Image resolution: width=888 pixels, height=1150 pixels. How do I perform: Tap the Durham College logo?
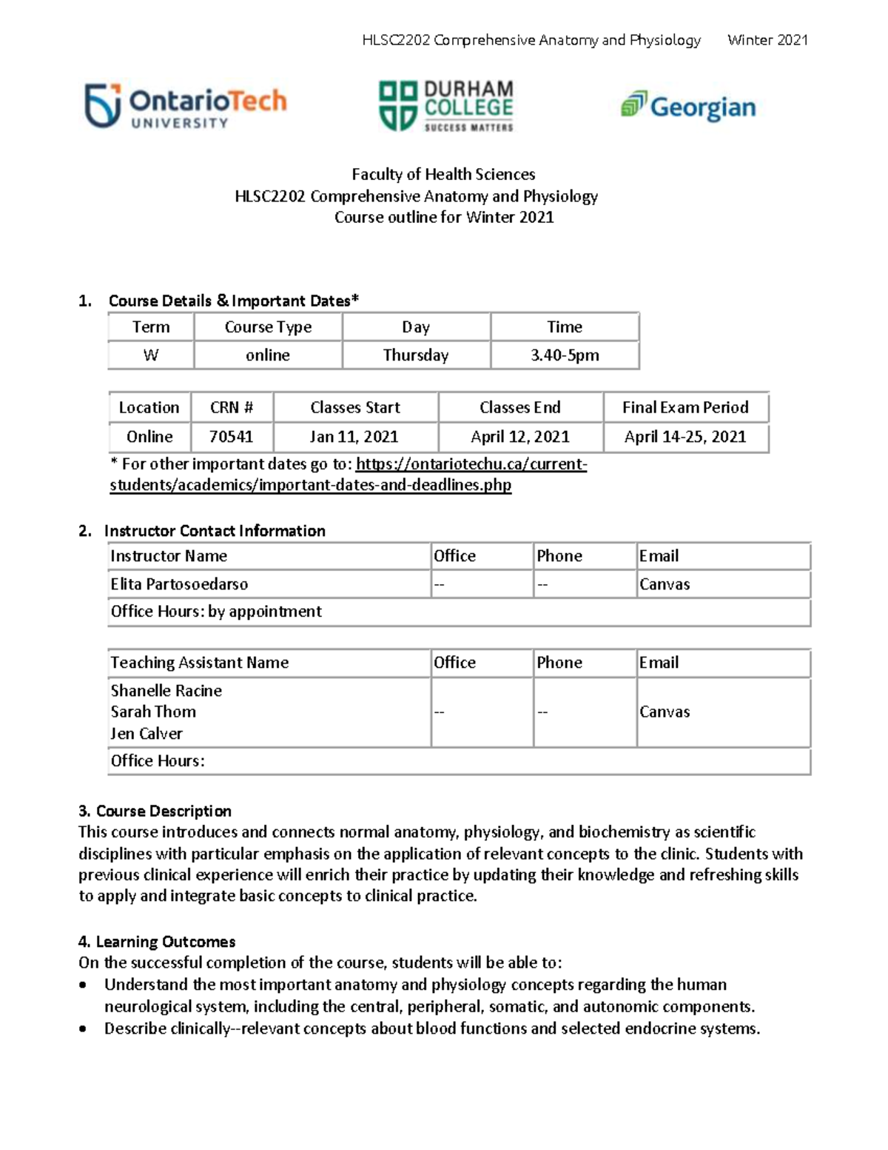(x=445, y=107)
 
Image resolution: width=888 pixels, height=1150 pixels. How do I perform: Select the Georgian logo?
(x=688, y=107)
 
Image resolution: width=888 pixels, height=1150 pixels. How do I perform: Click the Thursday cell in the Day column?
(x=416, y=355)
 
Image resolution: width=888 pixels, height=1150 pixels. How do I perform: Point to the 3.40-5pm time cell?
(x=565, y=355)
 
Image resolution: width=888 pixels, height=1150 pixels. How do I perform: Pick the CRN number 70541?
(x=231, y=437)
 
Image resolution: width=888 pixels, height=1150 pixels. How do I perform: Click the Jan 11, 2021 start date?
(x=354, y=437)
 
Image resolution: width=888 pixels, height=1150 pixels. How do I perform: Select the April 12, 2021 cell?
(x=520, y=437)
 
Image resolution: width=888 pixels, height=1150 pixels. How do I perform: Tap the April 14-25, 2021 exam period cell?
(x=685, y=437)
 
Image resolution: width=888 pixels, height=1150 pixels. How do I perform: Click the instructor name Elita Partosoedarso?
(x=179, y=584)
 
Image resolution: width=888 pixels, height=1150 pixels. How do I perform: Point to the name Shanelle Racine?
(x=166, y=691)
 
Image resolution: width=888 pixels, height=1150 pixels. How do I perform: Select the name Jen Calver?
(x=147, y=734)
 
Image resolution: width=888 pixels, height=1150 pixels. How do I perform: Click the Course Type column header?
(x=268, y=327)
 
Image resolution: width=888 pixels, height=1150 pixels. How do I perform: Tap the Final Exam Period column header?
(x=685, y=407)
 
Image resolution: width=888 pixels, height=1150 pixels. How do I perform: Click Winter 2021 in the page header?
(x=767, y=40)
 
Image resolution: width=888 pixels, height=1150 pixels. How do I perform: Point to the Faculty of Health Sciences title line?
(x=443, y=175)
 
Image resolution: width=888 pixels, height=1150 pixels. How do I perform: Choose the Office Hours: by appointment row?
(x=216, y=612)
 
